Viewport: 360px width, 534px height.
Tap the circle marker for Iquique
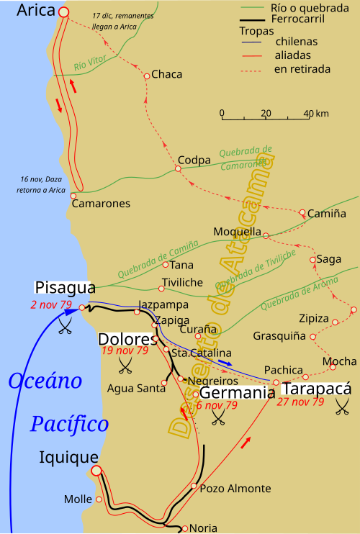pyautogui.click(x=96, y=472)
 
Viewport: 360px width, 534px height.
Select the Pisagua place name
pyautogui.click(x=65, y=288)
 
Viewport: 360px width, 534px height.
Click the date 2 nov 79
pyautogui.click(x=51, y=305)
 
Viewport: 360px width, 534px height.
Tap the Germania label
pyautogui.click(x=237, y=393)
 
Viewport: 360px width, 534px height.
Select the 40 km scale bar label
pyautogui.click(x=312, y=114)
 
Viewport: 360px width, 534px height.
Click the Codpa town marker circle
pyautogui.click(x=177, y=169)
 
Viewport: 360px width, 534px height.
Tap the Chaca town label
pyautogui.click(x=167, y=75)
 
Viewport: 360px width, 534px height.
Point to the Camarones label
pyautogui.click(x=101, y=204)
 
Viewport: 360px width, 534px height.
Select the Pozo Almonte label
pyautogui.click(x=225, y=488)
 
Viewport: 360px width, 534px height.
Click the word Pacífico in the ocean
pyautogui.click(x=69, y=425)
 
